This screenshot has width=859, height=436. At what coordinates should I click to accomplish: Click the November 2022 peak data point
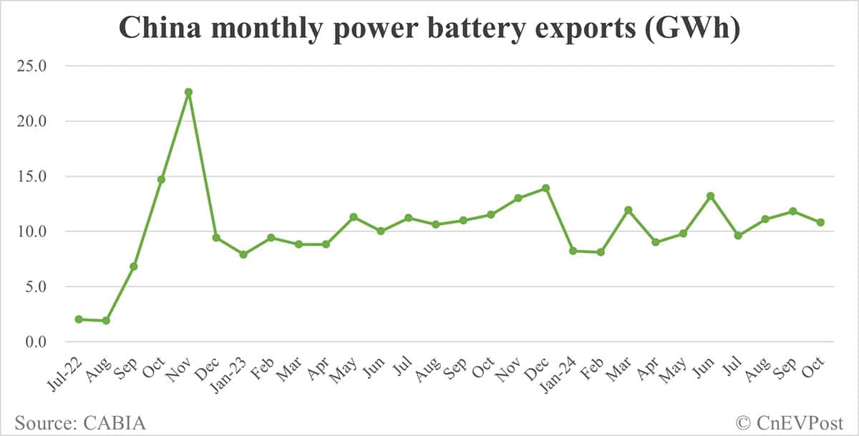188,92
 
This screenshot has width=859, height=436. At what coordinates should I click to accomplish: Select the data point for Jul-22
79,319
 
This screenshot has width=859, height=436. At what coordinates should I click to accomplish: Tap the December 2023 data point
545,188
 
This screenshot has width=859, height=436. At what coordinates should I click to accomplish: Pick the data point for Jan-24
573,251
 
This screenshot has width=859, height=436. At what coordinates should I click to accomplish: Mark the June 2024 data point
710,195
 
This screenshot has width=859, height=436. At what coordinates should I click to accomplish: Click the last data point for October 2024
820,223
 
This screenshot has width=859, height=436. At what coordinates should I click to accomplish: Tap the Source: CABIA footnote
80,422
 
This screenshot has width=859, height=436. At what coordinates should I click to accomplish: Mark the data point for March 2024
628,210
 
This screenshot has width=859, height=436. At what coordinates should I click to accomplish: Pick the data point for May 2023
353,217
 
